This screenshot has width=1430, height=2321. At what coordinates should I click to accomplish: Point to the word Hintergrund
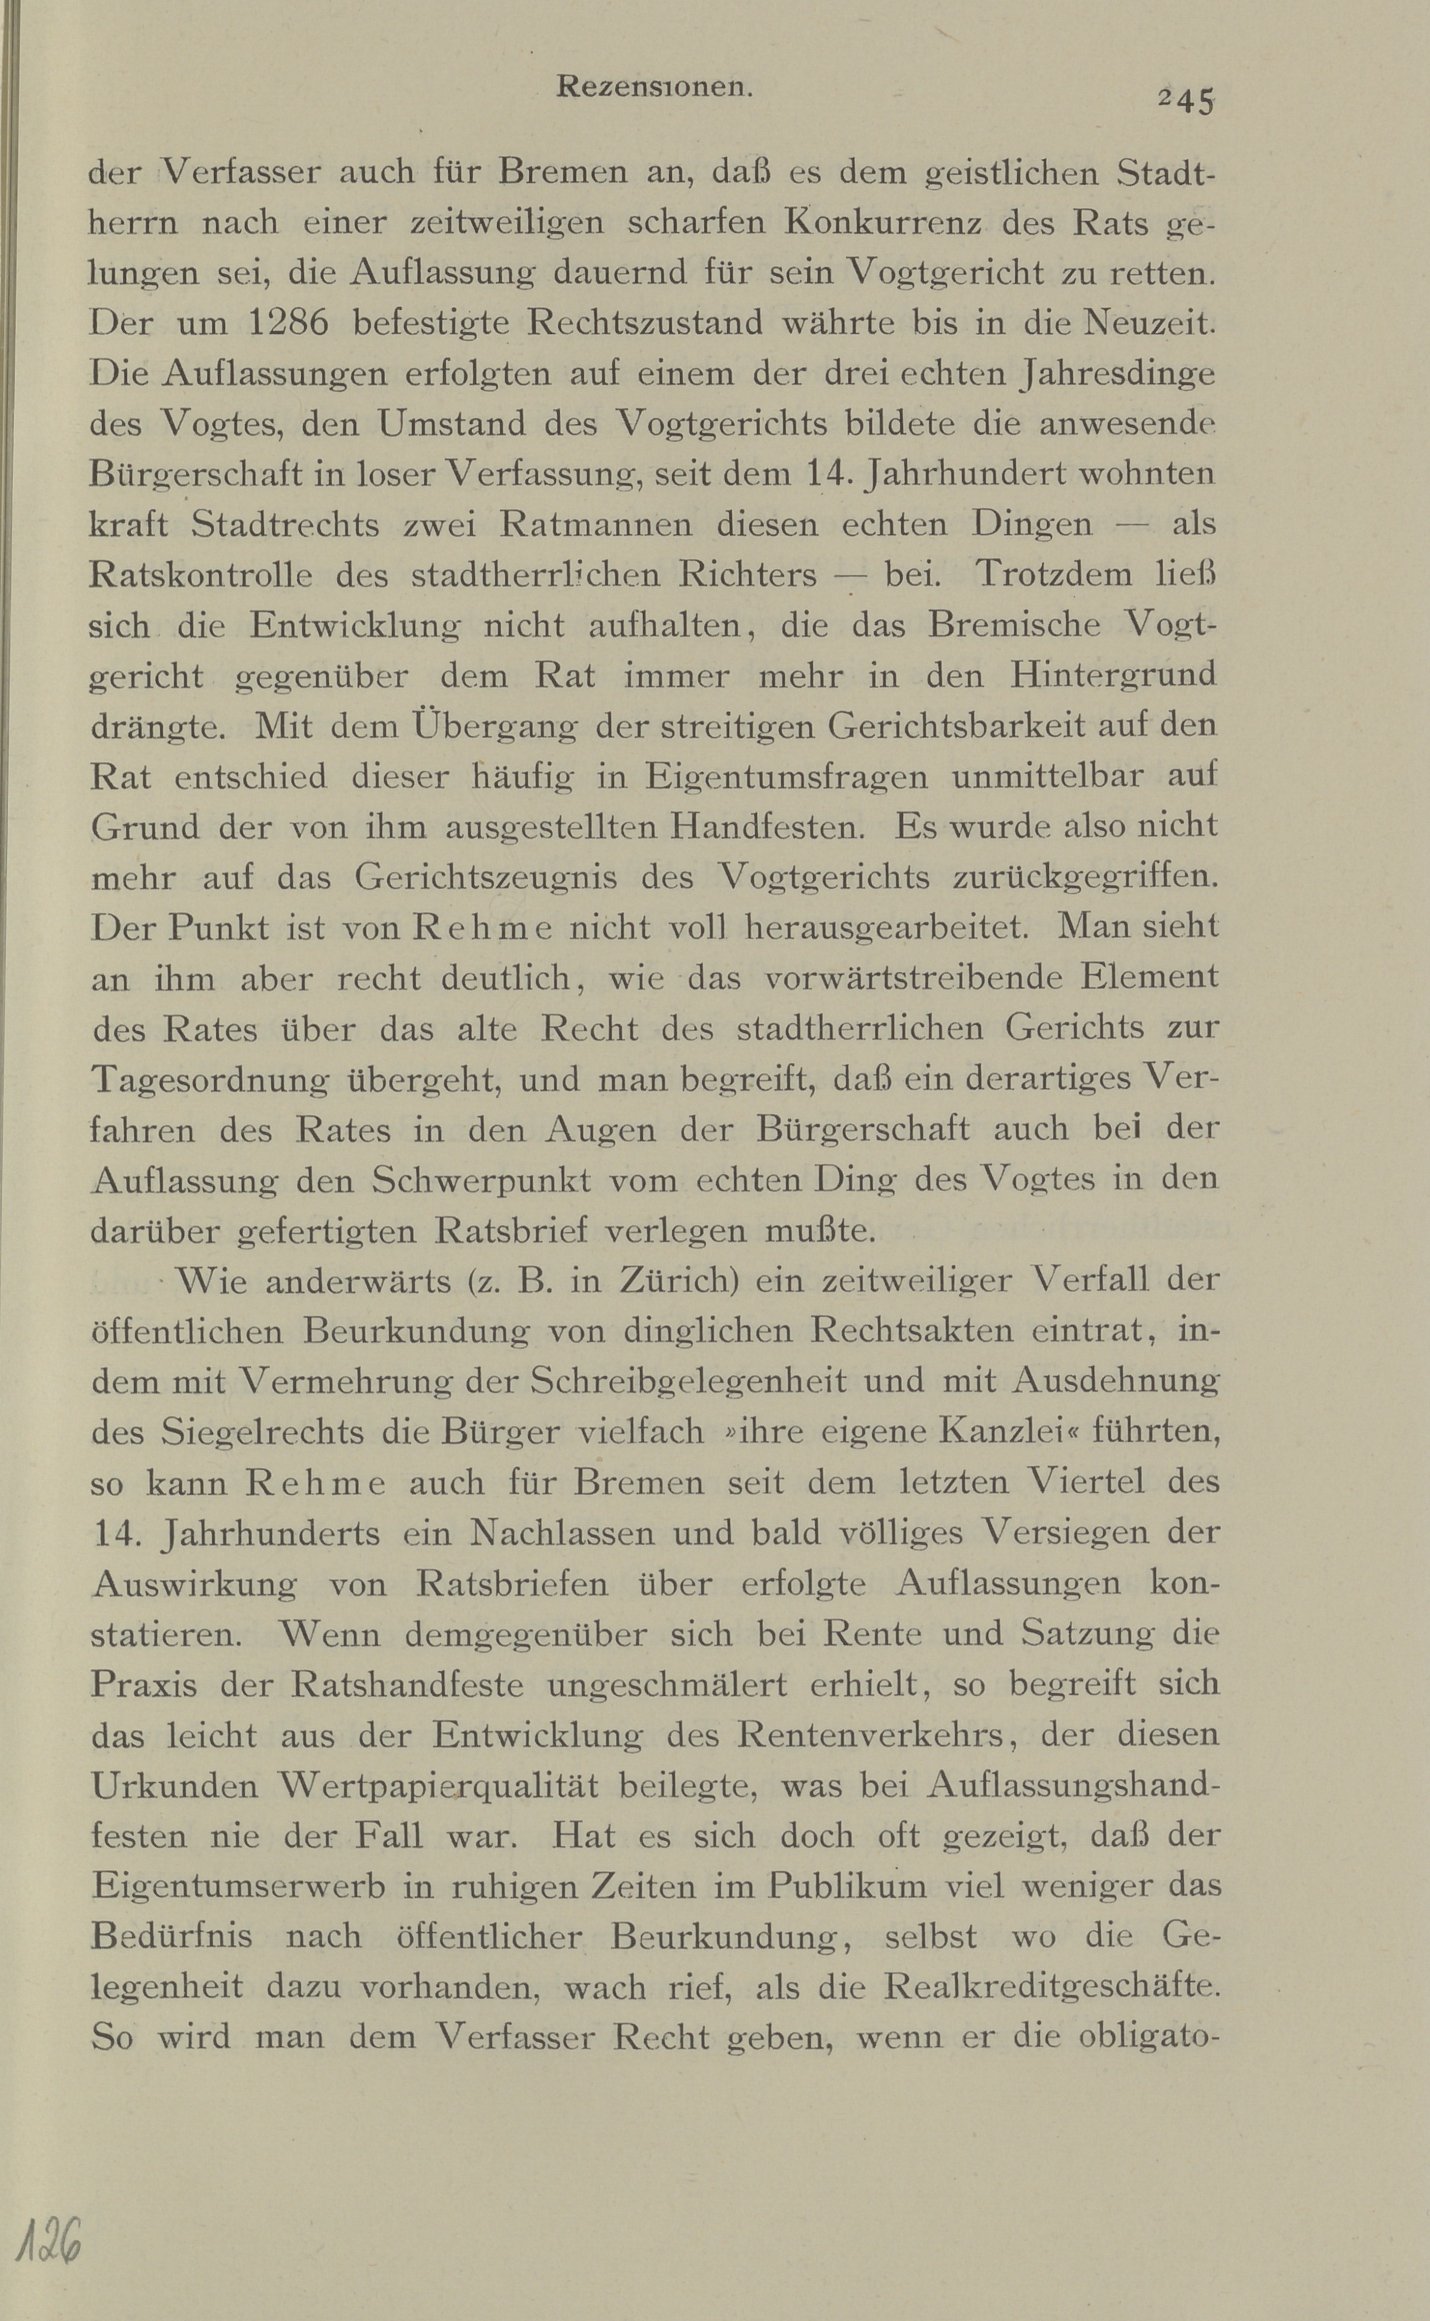pos(1112,675)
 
